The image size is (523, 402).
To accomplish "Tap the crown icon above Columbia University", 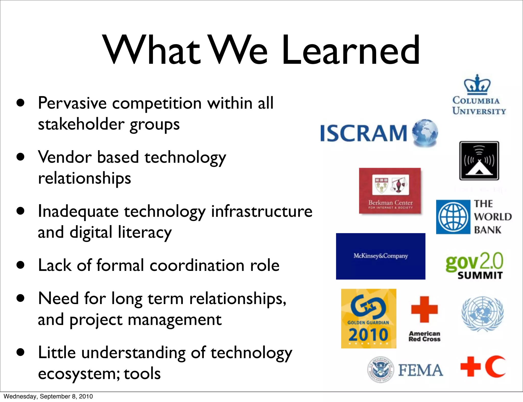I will coord(477,84).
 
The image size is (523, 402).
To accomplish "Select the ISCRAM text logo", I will coord(363,133).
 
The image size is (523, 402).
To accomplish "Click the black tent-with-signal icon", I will coord(479,161).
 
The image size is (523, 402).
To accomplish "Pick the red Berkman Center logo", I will coord(390,191).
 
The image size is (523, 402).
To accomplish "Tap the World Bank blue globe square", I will coord(453,217).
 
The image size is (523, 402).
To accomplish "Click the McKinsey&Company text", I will coord(381,256).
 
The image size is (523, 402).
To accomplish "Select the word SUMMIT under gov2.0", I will coord(480,275).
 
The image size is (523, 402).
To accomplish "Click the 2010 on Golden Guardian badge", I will coord(368,335).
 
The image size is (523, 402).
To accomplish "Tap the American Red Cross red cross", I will coord(424,309).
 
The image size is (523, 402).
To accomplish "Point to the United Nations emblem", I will coord(482,314).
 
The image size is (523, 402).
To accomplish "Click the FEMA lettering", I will coord(421,370).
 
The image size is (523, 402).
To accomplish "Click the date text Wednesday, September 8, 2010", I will coord(48,396).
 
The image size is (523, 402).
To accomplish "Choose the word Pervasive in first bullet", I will coord(72,103).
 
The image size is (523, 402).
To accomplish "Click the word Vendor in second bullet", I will coord(65,157).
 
